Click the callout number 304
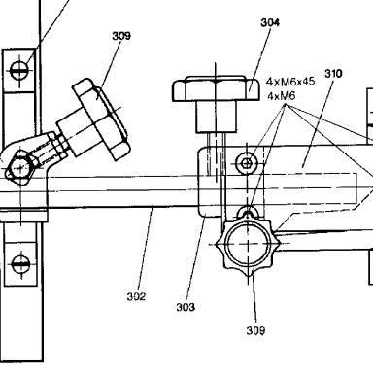(270, 22)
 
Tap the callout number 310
(333, 74)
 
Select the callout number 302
(136, 296)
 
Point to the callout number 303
(186, 307)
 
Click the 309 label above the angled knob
(121, 36)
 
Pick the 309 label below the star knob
(255, 330)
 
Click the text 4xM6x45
(290, 82)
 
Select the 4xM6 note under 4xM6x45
(282, 96)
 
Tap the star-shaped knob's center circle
(248, 245)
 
